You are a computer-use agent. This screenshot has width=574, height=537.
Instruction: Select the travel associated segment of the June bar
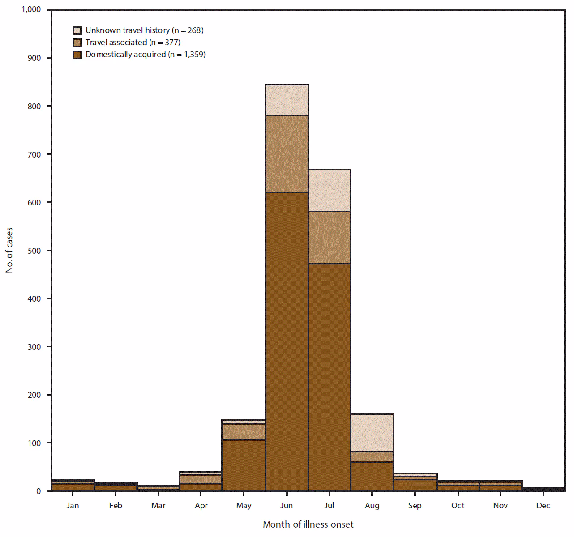(x=287, y=154)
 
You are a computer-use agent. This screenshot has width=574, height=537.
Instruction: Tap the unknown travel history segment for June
(x=287, y=100)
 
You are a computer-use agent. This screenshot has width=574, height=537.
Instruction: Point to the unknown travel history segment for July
(x=330, y=190)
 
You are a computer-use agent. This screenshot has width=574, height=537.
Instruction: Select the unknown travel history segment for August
(x=372, y=433)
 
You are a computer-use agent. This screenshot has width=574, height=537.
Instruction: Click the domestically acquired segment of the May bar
(x=244, y=465)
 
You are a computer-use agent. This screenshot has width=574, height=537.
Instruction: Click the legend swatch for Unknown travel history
(x=77, y=30)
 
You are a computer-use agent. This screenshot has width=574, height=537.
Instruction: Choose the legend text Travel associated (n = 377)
(x=133, y=43)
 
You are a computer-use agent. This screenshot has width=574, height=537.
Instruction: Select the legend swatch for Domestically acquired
(x=77, y=55)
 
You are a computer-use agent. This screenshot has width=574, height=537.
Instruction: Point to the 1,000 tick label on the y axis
(x=30, y=10)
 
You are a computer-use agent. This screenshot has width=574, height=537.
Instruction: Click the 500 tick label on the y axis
(x=34, y=251)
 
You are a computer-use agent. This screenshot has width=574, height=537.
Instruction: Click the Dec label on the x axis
(x=543, y=506)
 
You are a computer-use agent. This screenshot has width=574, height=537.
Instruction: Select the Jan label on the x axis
(x=73, y=506)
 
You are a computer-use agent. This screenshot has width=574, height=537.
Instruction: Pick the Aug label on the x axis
(x=372, y=506)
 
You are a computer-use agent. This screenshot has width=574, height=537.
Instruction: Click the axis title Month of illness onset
(x=308, y=524)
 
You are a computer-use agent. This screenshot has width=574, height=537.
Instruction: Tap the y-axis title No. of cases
(x=9, y=250)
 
